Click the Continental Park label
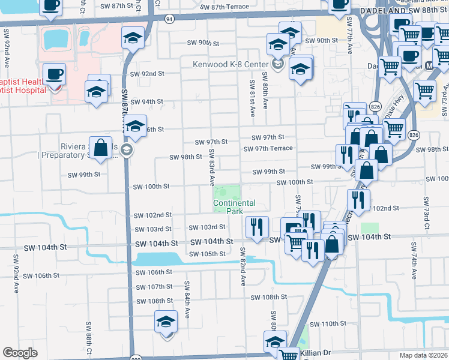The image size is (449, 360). click(234, 208)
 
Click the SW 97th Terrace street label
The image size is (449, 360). click(268, 148)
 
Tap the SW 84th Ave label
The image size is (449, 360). click(187, 292)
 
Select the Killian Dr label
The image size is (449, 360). click(315, 353)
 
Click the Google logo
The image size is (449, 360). click(20, 352)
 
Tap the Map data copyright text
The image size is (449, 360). click(423, 355)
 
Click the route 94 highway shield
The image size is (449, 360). click(170, 19)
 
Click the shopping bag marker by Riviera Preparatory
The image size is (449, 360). click(100, 148)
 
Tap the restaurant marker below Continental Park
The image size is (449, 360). click(257, 227)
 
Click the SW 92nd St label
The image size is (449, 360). click(147, 74)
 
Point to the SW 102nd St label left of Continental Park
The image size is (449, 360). click(152, 215)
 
